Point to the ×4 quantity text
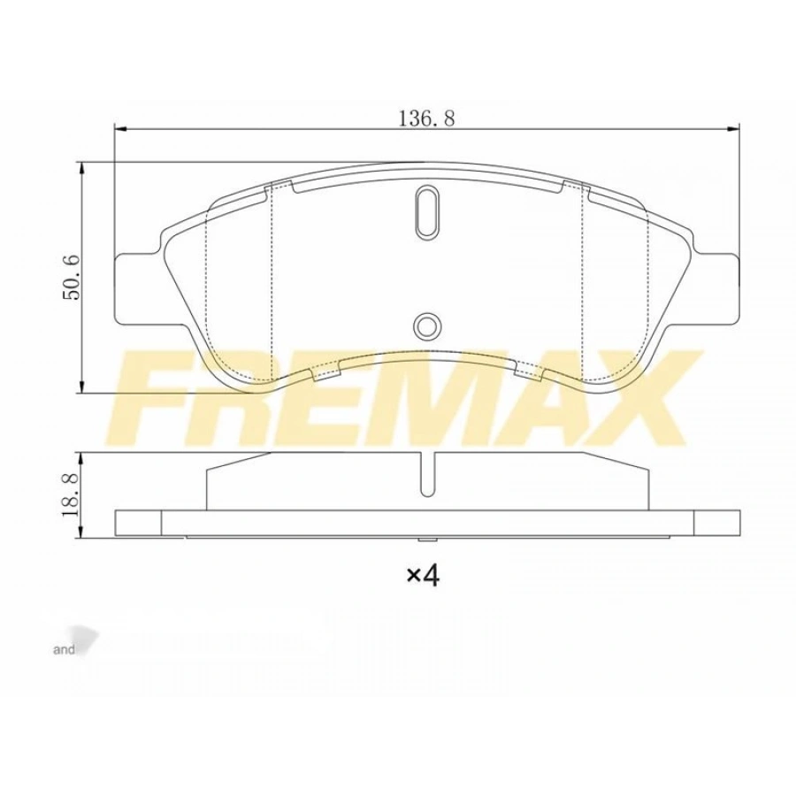point(423,577)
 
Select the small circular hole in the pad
point(426,325)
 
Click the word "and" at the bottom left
point(65,650)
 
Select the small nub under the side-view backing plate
point(426,540)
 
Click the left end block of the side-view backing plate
point(139,523)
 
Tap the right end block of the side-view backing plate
point(716,523)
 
